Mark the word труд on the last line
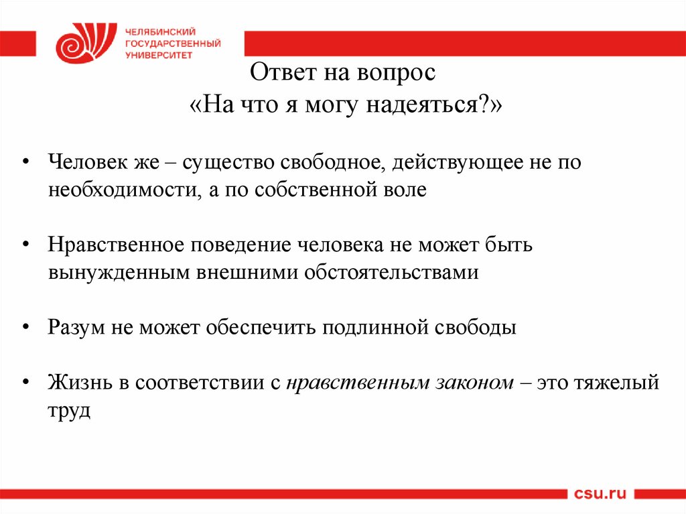click(x=68, y=410)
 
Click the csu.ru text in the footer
click(x=600, y=494)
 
